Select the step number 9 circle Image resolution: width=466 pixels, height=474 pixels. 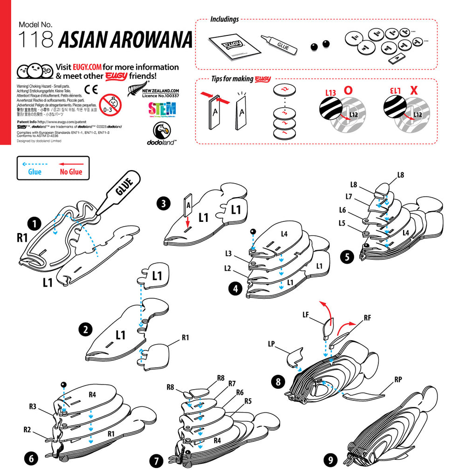coord(330,460)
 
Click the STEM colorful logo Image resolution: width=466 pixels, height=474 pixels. coord(162,110)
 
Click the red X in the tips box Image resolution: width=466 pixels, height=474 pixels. coord(413,90)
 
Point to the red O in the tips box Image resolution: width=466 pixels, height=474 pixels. coord(348,90)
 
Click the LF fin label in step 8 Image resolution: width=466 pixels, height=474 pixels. coord(307,315)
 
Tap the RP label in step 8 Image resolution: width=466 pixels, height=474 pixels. coord(398,379)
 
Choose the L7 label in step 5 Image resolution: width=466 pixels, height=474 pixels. coord(349,196)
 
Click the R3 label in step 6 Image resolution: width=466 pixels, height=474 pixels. coord(32,406)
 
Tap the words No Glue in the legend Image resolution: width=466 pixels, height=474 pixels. coord(71,172)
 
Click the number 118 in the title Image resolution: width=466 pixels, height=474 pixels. coord(35,41)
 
